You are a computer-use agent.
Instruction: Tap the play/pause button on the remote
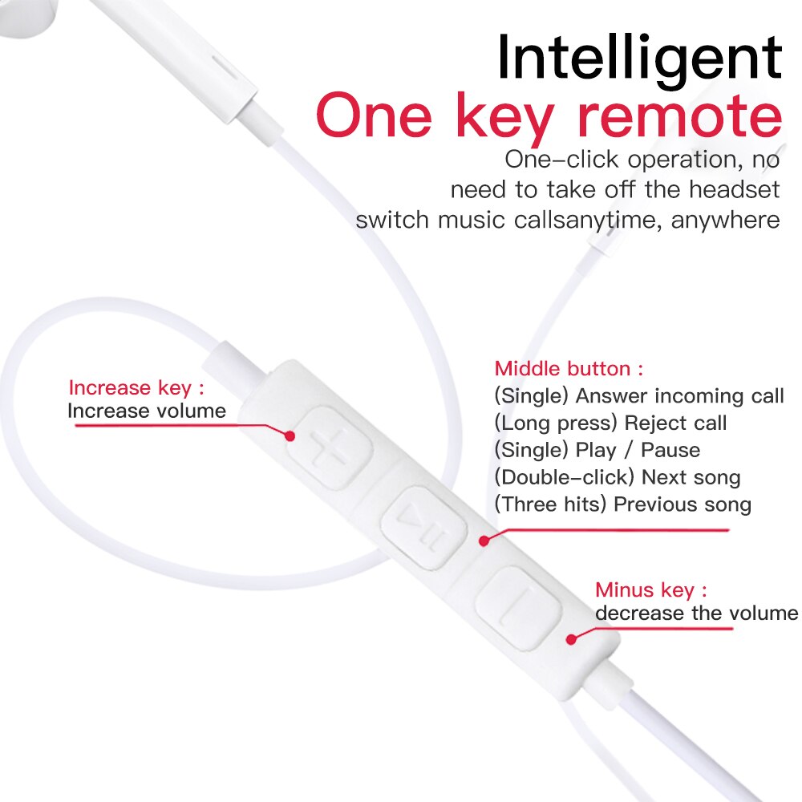422,525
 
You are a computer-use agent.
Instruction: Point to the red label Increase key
136,388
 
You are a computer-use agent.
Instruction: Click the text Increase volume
147,411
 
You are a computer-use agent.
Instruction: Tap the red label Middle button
569,369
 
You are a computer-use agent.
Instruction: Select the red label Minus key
651,590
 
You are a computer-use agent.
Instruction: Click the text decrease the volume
696,614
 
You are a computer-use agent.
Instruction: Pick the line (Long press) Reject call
610,423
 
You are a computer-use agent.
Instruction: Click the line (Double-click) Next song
617,477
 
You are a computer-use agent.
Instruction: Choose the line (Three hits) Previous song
622,504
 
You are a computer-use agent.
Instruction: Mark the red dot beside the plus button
292,435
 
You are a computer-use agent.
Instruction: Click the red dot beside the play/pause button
484,541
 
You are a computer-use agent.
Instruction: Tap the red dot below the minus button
572,639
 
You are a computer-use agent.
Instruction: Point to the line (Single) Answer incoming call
638,395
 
